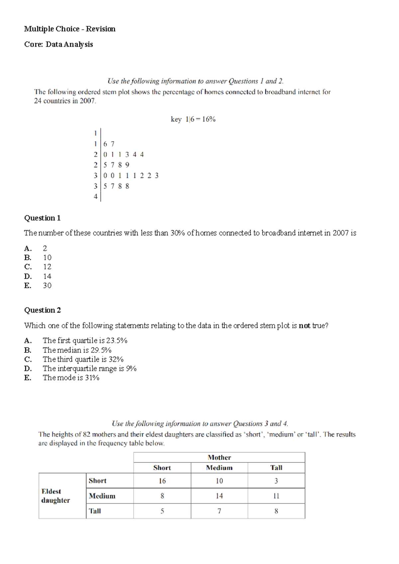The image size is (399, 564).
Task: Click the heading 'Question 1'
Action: [42, 218]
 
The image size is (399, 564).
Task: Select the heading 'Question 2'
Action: [42, 310]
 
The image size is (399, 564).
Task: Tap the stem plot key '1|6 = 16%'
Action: [193, 119]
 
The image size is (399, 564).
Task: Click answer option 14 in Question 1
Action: [47, 276]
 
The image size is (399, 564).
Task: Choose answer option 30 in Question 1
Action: [47, 285]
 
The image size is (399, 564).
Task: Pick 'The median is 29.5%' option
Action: [77, 350]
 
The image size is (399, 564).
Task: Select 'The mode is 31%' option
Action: [71, 378]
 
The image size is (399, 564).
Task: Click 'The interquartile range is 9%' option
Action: [89, 368]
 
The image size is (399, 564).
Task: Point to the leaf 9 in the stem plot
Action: [127, 165]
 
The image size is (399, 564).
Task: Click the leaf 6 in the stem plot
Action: [105, 144]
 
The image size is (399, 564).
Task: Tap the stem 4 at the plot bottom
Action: [95, 196]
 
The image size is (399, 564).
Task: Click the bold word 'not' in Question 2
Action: [304, 326]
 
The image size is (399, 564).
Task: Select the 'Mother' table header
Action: [219, 457]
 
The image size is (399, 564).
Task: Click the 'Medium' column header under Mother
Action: [219, 468]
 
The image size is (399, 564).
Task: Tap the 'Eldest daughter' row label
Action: [56, 496]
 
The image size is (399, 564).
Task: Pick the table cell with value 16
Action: [162, 481]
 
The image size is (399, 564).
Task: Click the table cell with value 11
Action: [276, 496]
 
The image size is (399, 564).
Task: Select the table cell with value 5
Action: [162, 511]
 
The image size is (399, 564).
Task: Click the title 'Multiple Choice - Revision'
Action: [70, 29]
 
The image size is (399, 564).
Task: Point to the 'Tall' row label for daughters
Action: [95, 511]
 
